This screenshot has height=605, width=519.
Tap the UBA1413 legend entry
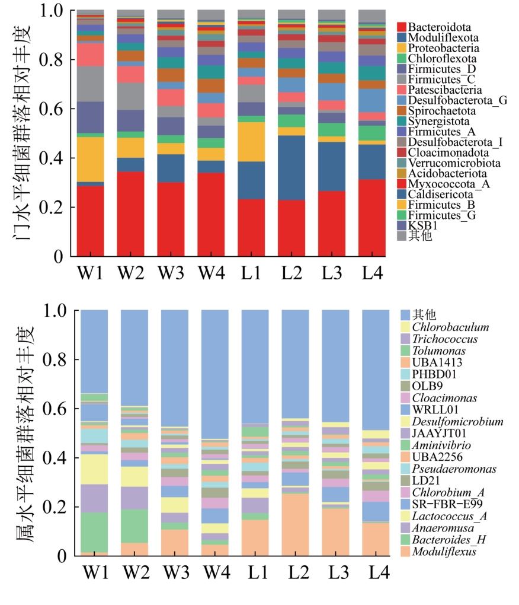(x=437, y=362)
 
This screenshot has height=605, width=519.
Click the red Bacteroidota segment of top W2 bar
(x=130, y=214)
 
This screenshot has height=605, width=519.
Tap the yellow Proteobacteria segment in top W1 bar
(x=90, y=159)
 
